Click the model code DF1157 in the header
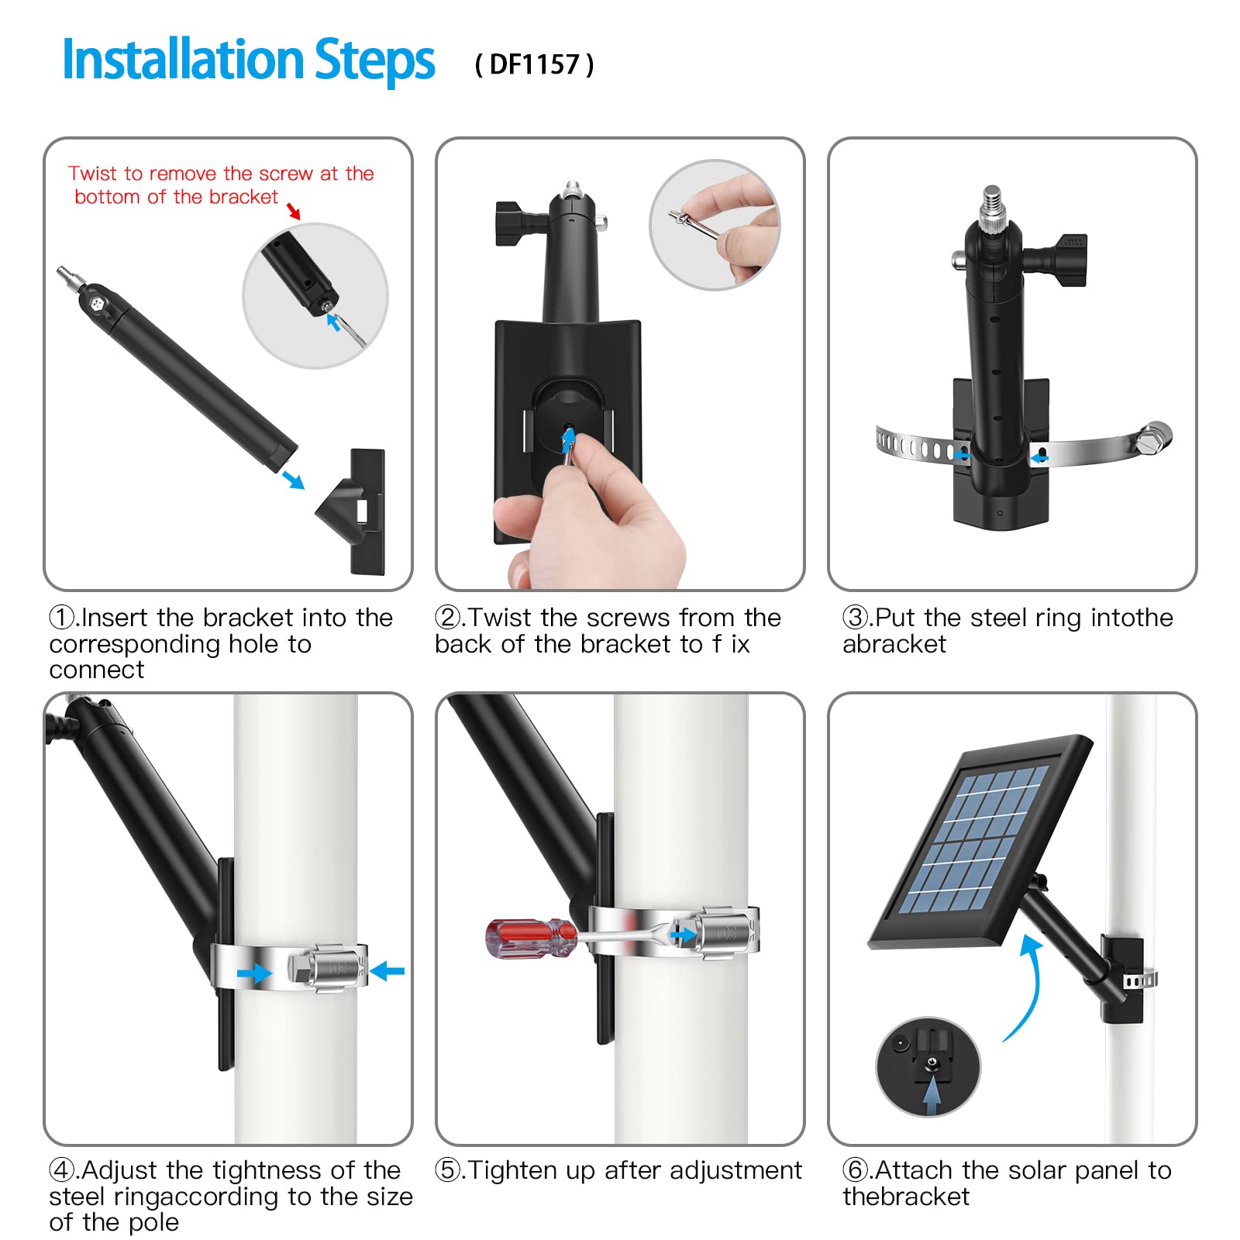coord(535,64)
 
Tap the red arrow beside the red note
coord(294,211)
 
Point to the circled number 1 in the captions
coord(62,618)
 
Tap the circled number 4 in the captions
coord(62,1170)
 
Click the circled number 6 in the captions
coord(856,1170)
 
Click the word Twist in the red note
coord(91,174)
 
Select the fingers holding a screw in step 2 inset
coord(733,229)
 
